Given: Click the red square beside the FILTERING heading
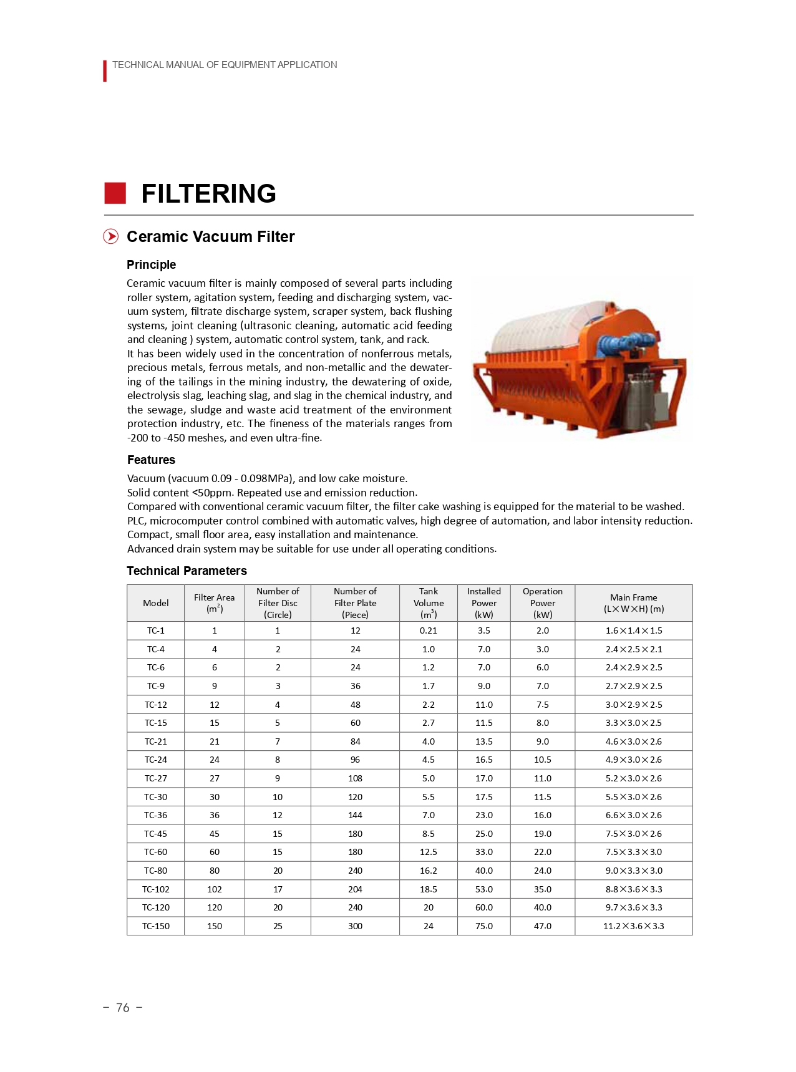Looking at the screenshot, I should point(115,193).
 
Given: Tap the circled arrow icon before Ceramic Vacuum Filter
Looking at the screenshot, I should point(110,236).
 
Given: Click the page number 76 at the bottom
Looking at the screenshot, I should point(122,1008).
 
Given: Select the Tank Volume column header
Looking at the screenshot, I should point(428,603).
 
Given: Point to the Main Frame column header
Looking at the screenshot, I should point(633,603).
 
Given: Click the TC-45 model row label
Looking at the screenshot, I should point(155,834).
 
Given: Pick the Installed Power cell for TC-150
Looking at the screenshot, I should point(483,926).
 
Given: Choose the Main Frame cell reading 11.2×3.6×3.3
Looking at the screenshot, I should point(633,926).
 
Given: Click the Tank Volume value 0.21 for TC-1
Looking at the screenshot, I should point(428,630).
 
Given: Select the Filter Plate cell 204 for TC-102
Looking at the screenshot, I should point(355,889).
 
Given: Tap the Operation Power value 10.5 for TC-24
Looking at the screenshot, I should point(542,760).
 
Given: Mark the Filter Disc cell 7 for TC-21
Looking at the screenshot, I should point(278,741).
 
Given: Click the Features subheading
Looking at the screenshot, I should point(151,460).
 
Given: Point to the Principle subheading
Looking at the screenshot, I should point(151,264).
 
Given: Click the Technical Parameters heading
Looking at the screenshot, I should point(187,571).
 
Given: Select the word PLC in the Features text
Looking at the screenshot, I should point(136,521).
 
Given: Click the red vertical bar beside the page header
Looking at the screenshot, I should point(105,70).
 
